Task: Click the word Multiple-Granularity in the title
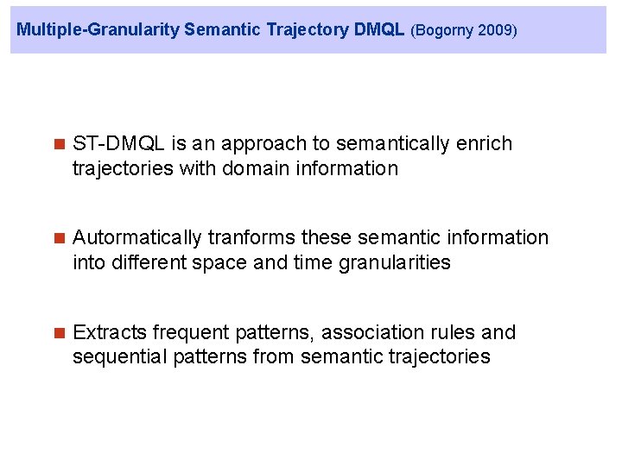point(98,30)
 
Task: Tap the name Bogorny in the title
point(446,31)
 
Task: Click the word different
point(146,262)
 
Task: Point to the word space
point(224,262)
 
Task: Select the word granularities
point(393,262)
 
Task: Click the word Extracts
point(110,332)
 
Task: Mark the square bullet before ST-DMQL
point(59,144)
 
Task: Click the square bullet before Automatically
point(59,238)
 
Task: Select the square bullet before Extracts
point(59,333)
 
